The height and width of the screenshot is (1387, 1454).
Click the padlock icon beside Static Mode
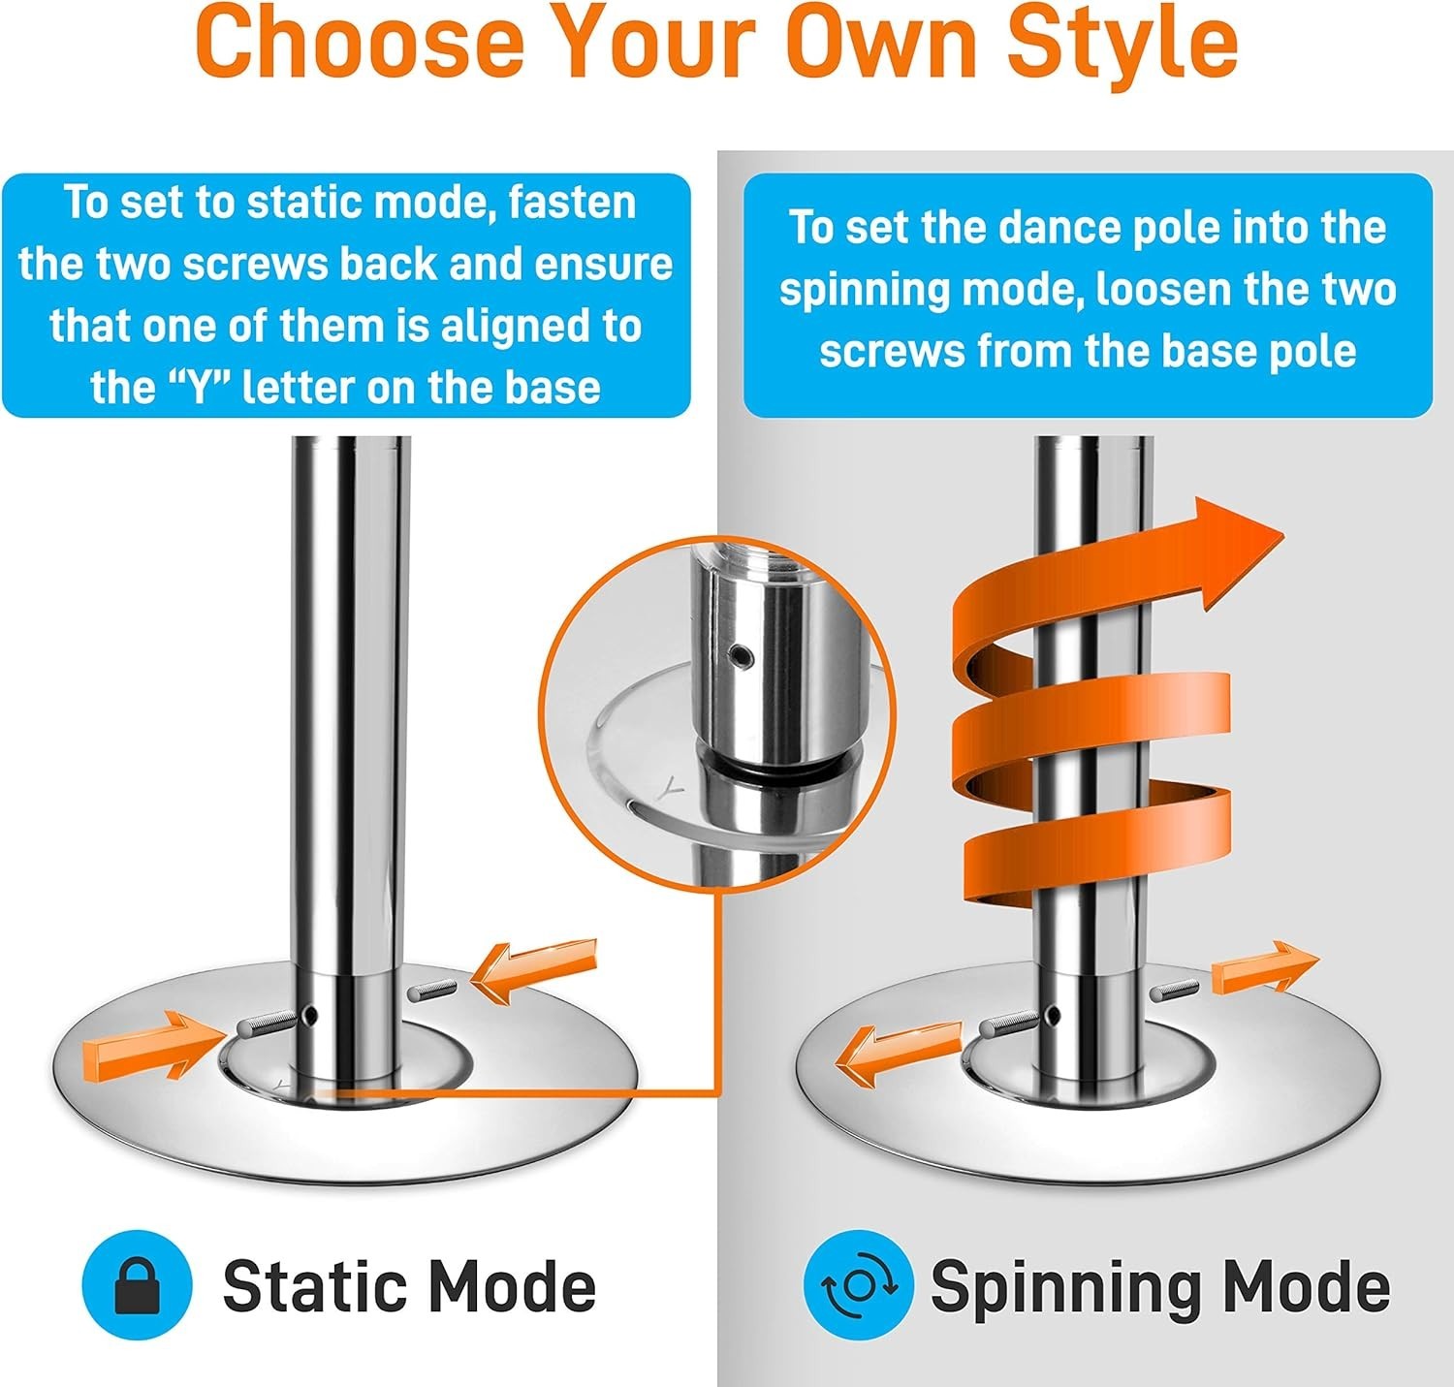pos(137,1284)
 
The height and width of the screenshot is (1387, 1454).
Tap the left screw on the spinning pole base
pos(1005,1024)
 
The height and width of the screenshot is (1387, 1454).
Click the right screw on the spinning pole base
pos(1175,990)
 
